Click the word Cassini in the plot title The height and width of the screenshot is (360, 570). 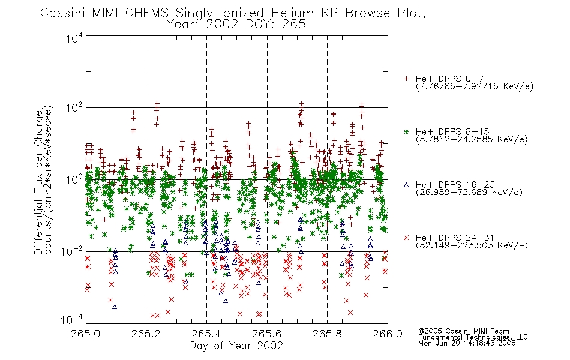(x=62, y=13)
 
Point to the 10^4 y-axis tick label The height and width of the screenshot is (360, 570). (x=74, y=38)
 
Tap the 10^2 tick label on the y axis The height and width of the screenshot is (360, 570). (x=74, y=108)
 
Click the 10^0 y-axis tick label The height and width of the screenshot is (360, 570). (x=74, y=179)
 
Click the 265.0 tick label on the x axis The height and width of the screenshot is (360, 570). (x=86, y=334)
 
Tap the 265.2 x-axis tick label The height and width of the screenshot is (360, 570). (x=146, y=334)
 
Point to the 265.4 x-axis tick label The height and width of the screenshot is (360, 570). (x=206, y=334)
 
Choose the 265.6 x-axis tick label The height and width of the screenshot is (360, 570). (x=267, y=334)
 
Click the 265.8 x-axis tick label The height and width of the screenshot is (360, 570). (x=327, y=334)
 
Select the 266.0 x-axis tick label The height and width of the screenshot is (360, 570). (x=388, y=334)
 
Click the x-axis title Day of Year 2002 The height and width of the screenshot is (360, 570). (x=236, y=346)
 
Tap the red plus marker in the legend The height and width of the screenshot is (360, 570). (x=406, y=79)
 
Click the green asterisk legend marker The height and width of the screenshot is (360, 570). (x=406, y=131)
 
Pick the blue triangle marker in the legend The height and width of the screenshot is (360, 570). (x=406, y=185)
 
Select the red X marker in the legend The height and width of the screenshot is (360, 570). (x=406, y=238)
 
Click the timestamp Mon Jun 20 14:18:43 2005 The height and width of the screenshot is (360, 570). (x=467, y=343)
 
